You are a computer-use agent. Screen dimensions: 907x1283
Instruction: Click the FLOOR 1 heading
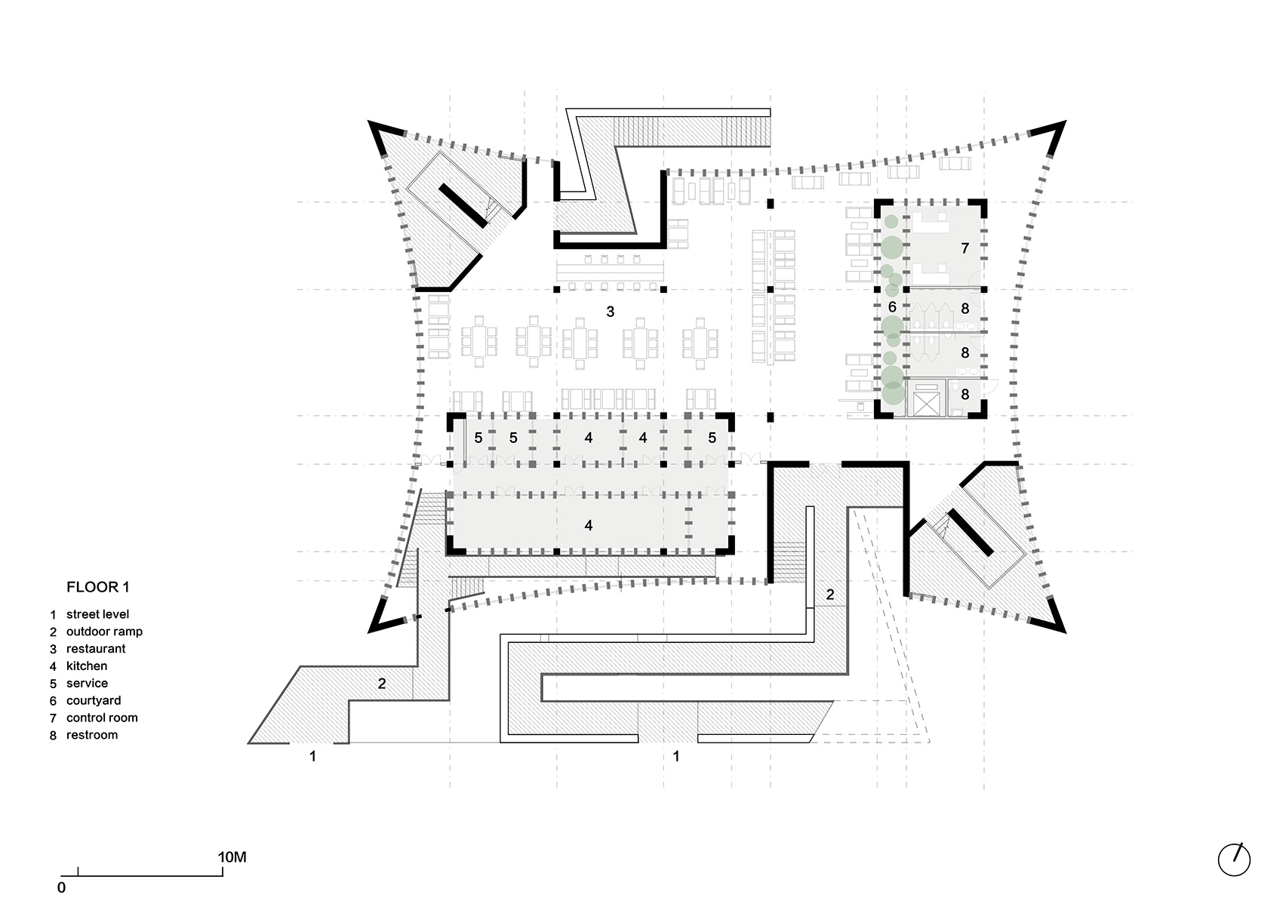click(93, 587)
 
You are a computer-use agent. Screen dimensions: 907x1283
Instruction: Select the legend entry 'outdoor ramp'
click(104, 632)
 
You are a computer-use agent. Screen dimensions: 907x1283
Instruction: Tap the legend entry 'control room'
click(102, 718)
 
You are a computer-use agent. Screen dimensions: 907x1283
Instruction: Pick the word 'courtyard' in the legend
click(94, 700)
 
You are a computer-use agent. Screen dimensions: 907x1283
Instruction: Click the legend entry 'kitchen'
click(87, 666)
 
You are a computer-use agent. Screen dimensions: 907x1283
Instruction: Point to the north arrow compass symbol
click(1234, 859)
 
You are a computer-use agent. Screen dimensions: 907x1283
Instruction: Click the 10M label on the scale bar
click(232, 857)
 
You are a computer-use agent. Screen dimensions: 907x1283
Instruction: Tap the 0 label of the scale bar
click(61, 887)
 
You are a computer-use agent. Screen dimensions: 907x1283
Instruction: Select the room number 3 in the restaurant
click(611, 311)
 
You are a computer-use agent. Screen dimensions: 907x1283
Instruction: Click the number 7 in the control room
click(965, 248)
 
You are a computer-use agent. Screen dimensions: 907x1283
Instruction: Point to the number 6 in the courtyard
click(892, 307)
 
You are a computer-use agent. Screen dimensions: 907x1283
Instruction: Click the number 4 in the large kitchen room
click(589, 525)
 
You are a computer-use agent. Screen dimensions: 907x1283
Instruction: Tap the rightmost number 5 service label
click(712, 438)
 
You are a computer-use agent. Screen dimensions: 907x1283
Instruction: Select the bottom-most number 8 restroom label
click(965, 394)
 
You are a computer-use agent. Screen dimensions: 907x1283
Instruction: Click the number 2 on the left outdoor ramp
click(382, 684)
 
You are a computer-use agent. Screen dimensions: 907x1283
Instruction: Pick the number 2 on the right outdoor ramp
click(829, 595)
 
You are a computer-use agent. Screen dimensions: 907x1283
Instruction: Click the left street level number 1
click(313, 756)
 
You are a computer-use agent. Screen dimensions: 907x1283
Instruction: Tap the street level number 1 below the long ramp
click(676, 756)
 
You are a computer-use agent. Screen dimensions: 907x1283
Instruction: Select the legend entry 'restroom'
click(92, 735)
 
